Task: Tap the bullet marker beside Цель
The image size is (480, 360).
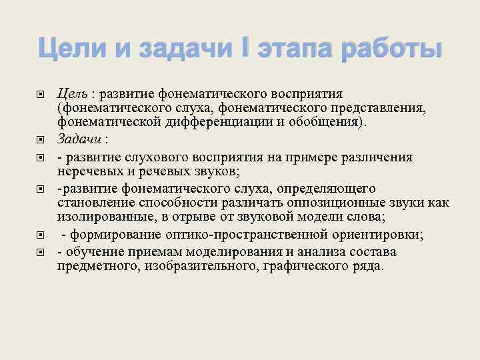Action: pyautogui.click(x=41, y=93)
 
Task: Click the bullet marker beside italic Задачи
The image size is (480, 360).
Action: pyautogui.click(x=41, y=139)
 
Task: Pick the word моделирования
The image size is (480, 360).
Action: pyautogui.click(x=249, y=252)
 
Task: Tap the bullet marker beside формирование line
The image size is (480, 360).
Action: pyautogui.click(x=41, y=235)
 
